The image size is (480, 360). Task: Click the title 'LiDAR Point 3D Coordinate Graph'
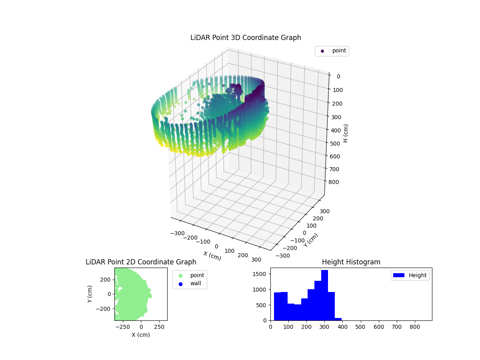pyautogui.click(x=246, y=38)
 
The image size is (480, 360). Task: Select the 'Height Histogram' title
pyautogui.click(x=351, y=262)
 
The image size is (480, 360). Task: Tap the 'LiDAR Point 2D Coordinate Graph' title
pyautogui.click(x=141, y=262)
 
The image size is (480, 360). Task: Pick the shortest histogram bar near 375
pyautogui.click(x=338, y=319)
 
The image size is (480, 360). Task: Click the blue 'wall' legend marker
pyautogui.click(x=180, y=284)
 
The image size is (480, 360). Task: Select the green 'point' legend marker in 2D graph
pyautogui.click(x=180, y=276)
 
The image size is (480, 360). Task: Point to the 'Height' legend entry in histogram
pyautogui.click(x=410, y=275)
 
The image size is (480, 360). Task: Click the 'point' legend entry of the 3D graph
pyautogui.click(x=332, y=51)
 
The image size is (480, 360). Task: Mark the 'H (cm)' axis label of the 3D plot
pyautogui.click(x=346, y=133)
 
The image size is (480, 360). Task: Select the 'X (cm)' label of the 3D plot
pyautogui.click(x=212, y=256)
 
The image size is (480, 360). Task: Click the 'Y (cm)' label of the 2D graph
pyautogui.click(x=90, y=294)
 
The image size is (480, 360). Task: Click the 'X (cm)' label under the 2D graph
pyautogui.click(x=141, y=335)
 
